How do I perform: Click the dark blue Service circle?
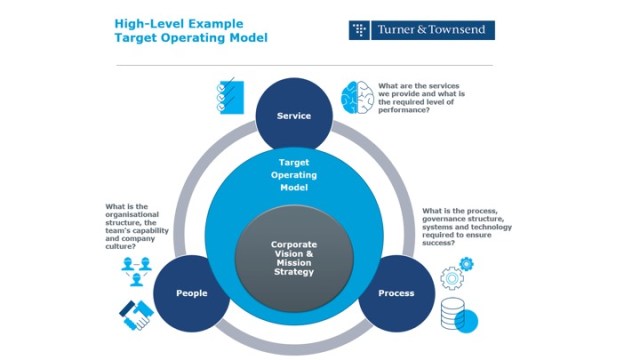294,115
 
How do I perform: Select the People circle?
191,293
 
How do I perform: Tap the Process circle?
396,293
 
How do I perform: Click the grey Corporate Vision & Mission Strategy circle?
294,258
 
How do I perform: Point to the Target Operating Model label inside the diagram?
294,175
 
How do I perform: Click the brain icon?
357,98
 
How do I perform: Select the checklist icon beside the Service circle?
230,96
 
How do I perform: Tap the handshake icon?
136,315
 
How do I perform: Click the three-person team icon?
136,271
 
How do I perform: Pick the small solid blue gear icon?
466,264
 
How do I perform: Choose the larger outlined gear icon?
452,278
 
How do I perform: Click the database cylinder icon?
453,313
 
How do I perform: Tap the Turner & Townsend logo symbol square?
359,30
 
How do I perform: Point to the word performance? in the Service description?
404,110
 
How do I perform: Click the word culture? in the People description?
120,247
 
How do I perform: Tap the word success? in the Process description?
438,243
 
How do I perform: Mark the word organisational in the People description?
132,214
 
